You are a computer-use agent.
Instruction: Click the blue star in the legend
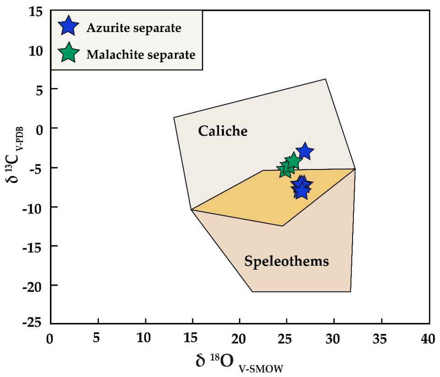click(68, 27)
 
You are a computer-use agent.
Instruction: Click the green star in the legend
click(68, 54)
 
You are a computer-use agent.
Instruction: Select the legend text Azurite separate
click(134, 27)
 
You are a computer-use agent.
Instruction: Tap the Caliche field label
click(223, 131)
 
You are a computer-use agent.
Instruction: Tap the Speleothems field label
click(287, 262)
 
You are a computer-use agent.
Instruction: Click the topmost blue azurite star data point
click(304, 151)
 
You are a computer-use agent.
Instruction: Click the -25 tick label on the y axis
click(33, 323)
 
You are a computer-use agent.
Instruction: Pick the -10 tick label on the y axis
click(33, 207)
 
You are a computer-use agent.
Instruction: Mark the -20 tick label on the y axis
click(33, 285)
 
